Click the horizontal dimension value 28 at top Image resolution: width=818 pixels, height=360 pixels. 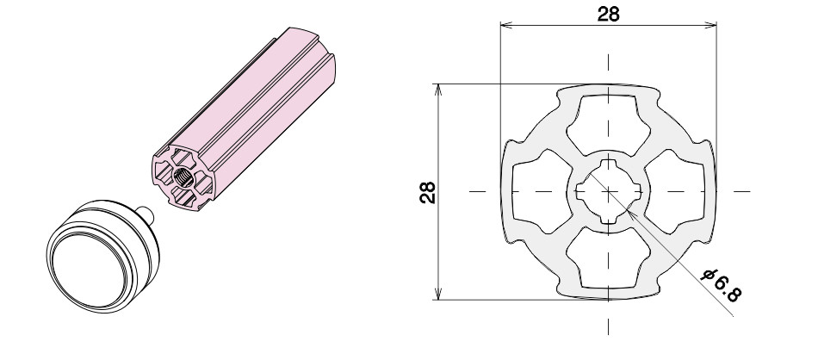pyautogui.click(x=608, y=14)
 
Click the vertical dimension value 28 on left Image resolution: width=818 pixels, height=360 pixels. pyautogui.click(x=428, y=192)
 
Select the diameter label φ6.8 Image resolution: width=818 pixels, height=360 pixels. pyautogui.click(x=722, y=285)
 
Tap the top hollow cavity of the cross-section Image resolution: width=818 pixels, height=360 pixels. pyautogui.click(x=608, y=124)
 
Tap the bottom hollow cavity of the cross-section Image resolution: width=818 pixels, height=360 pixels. pyautogui.click(x=608, y=259)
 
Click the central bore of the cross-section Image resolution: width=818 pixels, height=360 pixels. pyautogui.click(x=608, y=191)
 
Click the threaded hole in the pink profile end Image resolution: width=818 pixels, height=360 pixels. pyautogui.click(x=183, y=178)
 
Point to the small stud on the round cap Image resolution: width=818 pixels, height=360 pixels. pyautogui.click(x=147, y=213)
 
